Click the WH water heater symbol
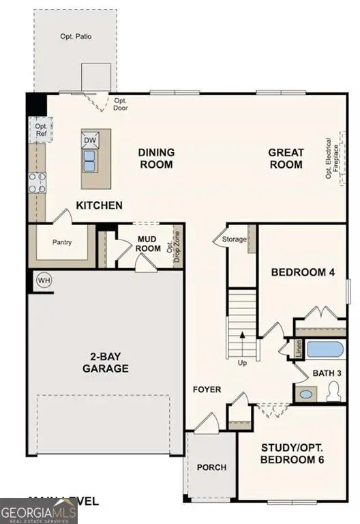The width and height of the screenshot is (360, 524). pos(44,280)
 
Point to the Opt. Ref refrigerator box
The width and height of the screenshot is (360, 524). pos(41,130)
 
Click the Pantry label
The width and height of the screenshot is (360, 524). pos(62,242)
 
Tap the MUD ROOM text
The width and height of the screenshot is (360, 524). pos(148,244)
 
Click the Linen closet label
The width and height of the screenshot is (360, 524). pos(299,348)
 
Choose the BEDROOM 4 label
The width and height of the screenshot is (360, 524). pos(303,272)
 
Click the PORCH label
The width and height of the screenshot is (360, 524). pos(211,467)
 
